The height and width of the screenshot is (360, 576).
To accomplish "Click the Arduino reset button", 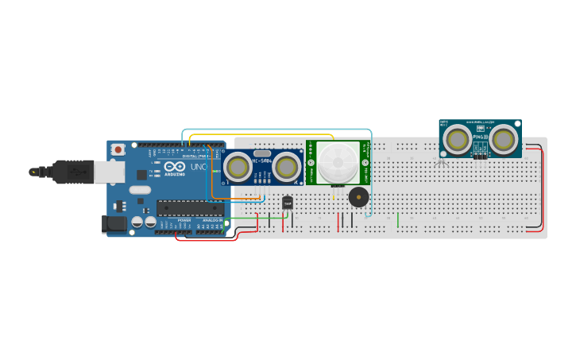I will click(118, 149).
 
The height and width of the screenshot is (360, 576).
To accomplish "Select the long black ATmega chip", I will click(190, 208).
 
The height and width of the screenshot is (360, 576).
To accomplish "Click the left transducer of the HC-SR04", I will click(237, 167).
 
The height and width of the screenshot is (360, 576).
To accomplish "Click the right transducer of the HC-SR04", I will click(286, 167).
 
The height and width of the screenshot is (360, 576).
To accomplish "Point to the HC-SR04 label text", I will click(261, 161).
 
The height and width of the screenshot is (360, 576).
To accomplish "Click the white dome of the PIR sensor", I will click(338, 162).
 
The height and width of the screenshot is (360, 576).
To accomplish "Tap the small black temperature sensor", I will click(288, 203).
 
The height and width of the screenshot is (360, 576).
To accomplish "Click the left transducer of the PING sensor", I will click(457, 139).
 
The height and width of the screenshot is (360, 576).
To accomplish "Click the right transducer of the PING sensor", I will click(503, 139).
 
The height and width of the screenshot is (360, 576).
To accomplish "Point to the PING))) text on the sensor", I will click(480, 137).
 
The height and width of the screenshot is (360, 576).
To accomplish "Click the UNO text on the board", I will click(199, 168).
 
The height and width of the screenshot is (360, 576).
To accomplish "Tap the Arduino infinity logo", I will click(176, 166).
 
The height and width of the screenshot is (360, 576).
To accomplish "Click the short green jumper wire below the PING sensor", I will click(398, 219).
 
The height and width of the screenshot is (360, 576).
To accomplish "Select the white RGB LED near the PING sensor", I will click(439, 162).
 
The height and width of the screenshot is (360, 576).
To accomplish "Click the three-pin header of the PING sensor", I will click(480, 156).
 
